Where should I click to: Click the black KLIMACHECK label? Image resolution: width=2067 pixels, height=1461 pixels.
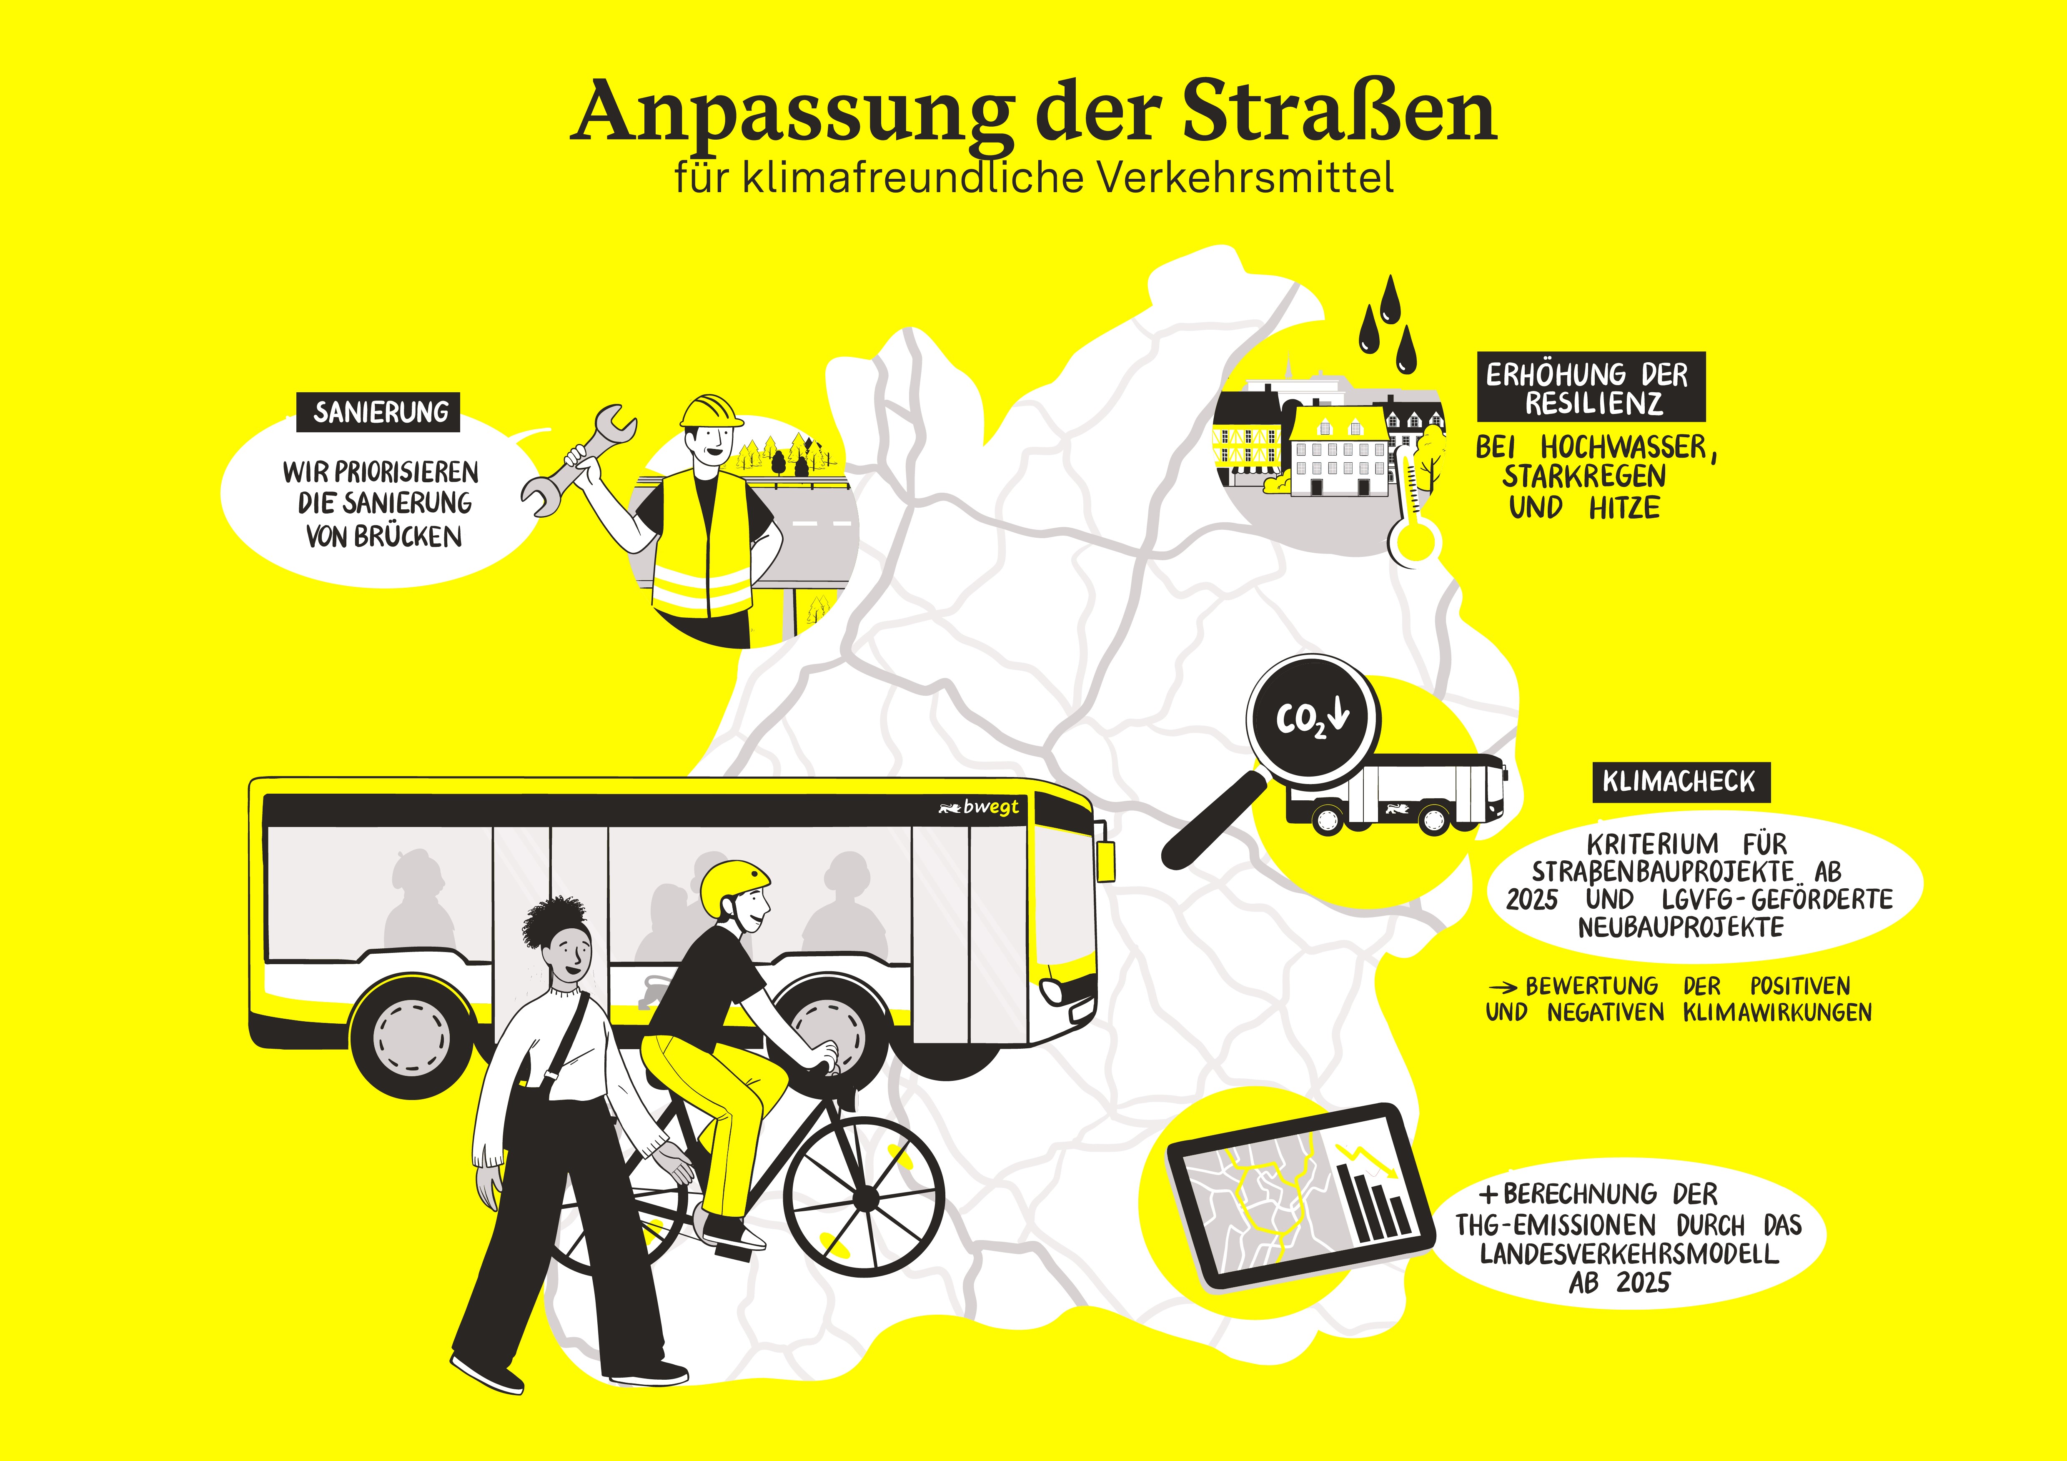point(1678,782)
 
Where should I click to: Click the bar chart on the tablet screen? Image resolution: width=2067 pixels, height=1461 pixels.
point(1373,1202)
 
